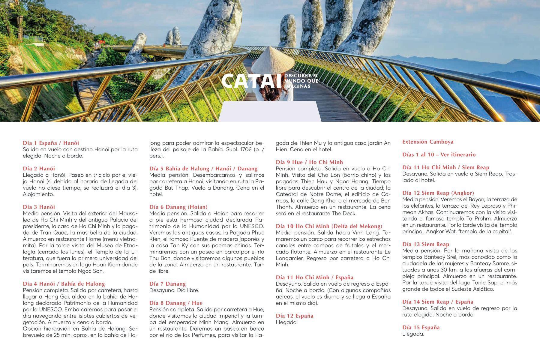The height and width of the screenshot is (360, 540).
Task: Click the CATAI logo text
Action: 252,81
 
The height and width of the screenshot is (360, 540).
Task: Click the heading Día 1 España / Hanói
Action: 51,143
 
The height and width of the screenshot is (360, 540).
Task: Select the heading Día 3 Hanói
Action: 39,207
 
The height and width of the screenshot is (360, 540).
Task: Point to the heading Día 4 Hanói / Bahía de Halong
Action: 64,284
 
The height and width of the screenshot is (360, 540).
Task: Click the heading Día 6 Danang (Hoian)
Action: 178,207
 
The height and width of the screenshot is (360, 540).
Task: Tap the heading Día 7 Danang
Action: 168,284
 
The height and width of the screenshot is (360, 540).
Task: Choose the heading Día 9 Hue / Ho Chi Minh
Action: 309,162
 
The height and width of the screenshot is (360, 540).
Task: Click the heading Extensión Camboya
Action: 428,142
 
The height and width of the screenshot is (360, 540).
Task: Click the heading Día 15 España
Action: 421,328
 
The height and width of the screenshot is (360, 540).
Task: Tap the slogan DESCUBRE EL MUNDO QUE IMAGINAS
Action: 301,81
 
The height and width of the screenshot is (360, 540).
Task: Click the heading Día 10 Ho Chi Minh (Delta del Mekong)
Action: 329,226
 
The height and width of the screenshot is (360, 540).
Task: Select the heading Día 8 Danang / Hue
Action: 176,303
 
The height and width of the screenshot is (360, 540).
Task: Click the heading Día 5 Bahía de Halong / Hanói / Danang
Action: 203,169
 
